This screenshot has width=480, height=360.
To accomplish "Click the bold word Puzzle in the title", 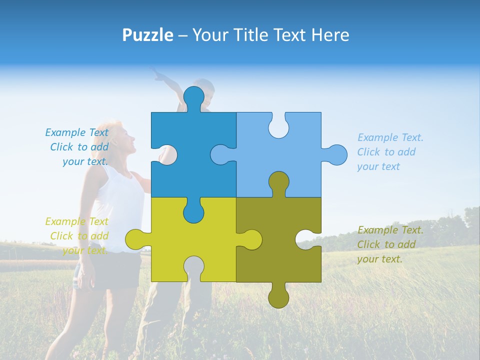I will [148, 35].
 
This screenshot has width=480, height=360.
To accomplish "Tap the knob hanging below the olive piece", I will [278, 297].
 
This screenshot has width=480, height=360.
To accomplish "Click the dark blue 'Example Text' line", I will [76, 132].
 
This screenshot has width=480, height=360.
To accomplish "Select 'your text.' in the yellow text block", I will [85, 250].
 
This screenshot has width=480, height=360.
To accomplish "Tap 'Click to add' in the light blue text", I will [386, 152].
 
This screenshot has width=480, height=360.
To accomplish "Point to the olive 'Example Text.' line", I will [390, 230].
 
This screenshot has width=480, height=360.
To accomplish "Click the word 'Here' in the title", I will [330, 35].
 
